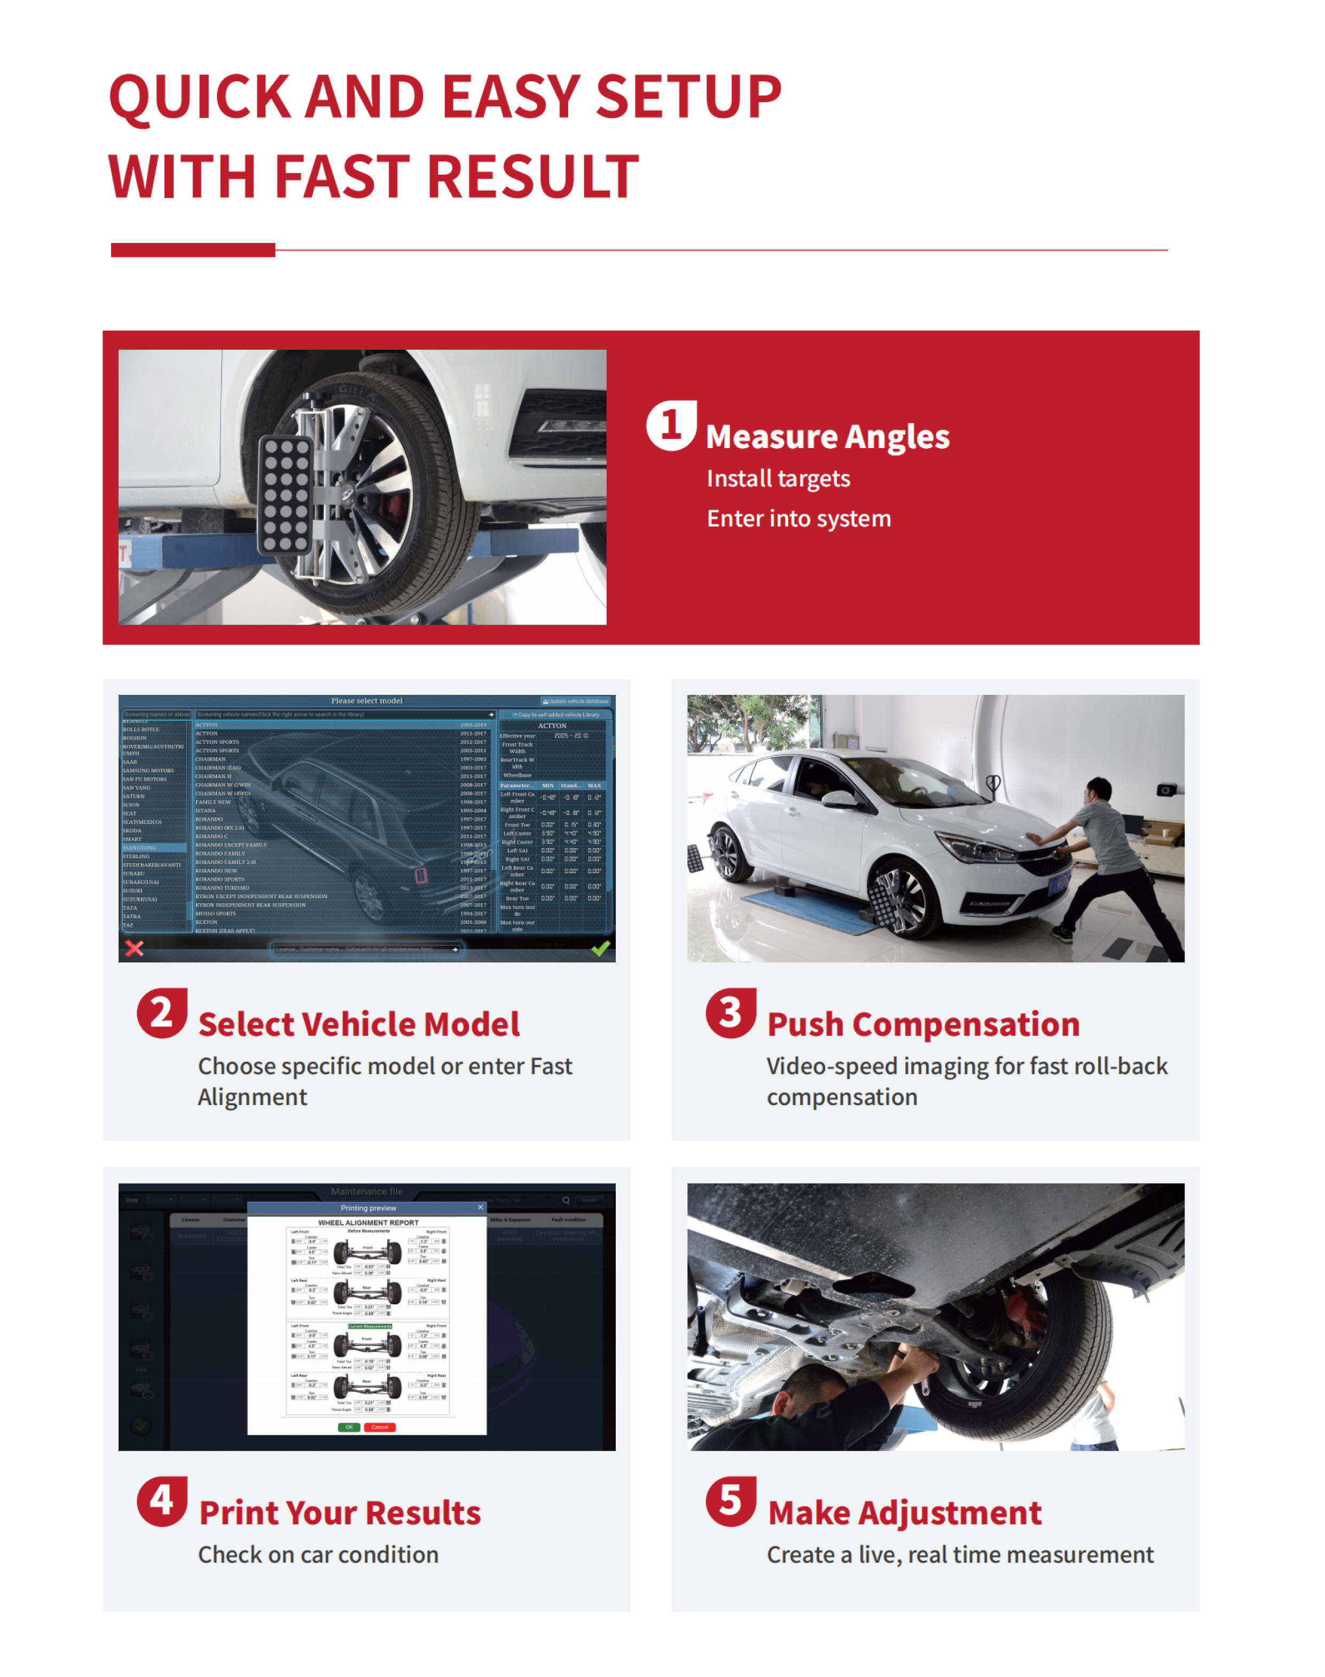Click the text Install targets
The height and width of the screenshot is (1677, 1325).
(778, 479)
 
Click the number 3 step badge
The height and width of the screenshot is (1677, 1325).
(730, 1013)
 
